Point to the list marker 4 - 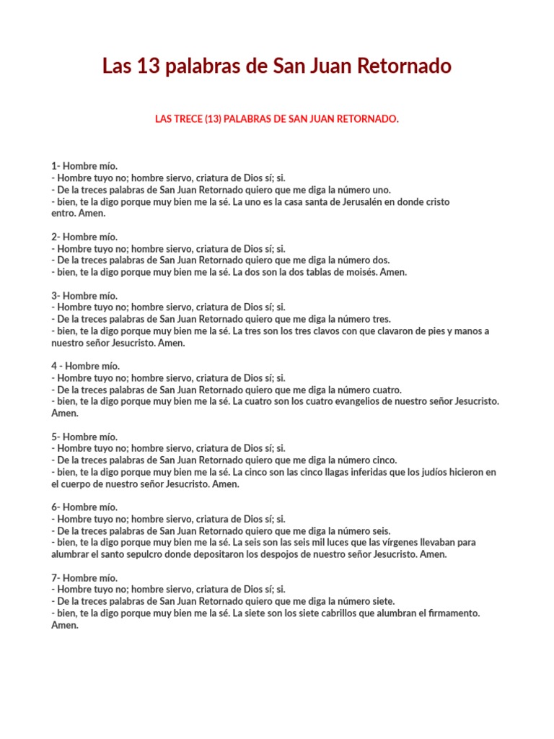(x=56, y=366)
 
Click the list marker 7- (x=55, y=577)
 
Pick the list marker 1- (x=55, y=166)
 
